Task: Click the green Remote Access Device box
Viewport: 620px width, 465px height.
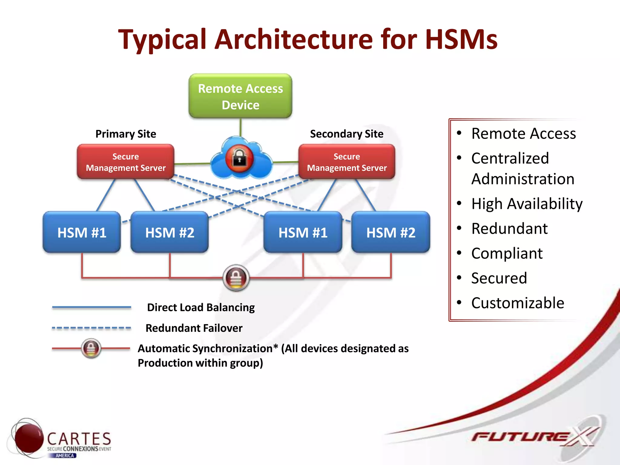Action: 240,96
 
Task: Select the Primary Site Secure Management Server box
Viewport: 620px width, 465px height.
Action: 126,162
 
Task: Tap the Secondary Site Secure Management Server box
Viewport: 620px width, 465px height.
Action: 347,162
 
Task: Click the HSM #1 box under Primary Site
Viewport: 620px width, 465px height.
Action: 82,232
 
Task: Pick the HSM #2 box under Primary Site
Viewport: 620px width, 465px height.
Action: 170,232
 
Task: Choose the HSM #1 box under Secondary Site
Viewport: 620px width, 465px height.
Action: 303,232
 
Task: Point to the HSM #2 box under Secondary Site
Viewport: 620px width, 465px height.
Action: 391,232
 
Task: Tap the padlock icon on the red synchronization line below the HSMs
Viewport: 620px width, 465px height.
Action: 236,278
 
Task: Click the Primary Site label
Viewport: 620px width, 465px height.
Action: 126,134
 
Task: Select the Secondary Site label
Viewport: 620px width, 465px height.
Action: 347,134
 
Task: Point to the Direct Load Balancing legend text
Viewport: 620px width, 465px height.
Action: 201,307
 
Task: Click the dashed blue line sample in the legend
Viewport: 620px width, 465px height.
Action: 91,328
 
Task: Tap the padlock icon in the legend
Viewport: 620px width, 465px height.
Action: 91,348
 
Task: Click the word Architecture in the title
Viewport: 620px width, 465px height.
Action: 294,39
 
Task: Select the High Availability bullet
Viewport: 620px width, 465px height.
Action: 527,204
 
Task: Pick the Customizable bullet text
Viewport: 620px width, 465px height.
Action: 518,303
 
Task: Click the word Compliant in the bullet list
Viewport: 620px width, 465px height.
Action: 507,253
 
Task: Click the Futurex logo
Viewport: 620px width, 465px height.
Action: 533,437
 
